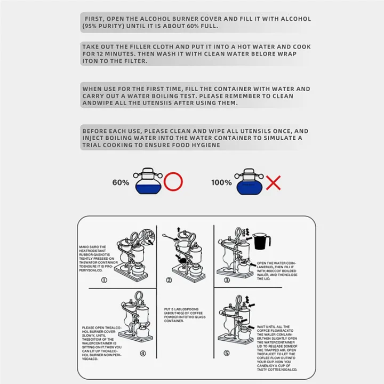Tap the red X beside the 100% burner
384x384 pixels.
(x=273, y=183)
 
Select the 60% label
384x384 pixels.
(x=121, y=182)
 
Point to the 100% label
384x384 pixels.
(x=221, y=182)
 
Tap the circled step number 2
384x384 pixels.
(x=169, y=279)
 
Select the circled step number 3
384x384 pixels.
(x=226, y=279)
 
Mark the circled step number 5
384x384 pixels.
(x=228, y=353)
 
